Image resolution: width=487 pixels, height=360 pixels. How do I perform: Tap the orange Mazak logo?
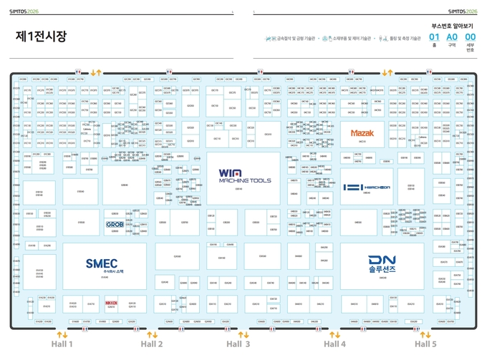(x=362, y=133)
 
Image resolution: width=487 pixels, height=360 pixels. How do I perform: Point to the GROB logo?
(x=115, y=225)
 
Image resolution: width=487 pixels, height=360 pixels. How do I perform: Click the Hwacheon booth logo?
(x=367, y=188)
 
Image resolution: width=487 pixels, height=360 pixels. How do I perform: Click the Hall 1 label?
(x=62, y=344)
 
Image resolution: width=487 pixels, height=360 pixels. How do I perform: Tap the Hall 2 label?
(x=152, y=344)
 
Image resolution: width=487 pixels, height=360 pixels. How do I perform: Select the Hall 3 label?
(x=238, y=344)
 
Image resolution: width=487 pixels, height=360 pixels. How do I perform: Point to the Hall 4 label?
(x=334, y=344)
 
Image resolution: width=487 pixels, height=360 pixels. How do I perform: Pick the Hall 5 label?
(x=425, y=344)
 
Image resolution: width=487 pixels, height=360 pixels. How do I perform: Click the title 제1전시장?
(x=41, y=37)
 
